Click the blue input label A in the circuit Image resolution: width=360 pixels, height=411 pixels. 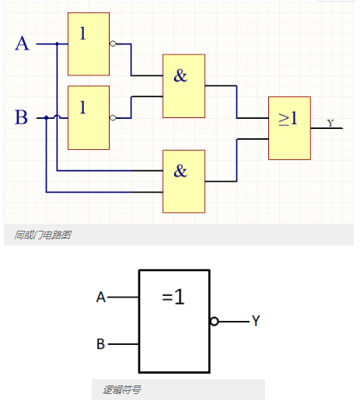22,44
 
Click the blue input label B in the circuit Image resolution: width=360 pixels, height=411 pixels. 21,117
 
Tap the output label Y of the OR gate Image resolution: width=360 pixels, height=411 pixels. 330,123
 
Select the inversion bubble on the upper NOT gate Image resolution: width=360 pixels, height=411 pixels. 113,44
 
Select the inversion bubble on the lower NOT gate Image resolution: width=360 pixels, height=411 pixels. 113,118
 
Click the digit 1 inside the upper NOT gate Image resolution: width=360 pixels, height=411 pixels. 83,33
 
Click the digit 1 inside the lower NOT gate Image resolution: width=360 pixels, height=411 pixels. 83,107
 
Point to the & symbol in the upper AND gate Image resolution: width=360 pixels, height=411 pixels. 180,76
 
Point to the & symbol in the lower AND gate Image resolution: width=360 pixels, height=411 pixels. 180,171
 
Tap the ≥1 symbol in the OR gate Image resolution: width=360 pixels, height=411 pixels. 288,118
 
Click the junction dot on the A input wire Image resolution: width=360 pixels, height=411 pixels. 58,44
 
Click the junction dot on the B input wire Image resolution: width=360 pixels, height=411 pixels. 47,117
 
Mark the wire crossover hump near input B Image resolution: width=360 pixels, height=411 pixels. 57,116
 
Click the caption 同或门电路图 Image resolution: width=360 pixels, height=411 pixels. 43,235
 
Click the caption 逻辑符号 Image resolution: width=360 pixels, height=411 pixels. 122,389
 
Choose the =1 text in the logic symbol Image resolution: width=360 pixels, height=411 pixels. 173,297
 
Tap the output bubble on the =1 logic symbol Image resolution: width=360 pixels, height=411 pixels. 214,321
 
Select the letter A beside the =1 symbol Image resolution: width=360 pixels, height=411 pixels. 101,298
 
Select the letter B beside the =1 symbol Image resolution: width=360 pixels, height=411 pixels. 101,344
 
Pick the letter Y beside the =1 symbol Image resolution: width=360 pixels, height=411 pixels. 256,321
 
